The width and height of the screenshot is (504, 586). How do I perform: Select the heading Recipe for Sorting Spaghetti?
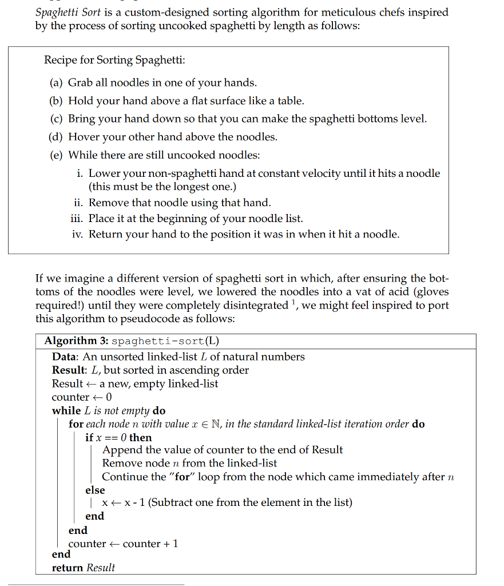point(114,60)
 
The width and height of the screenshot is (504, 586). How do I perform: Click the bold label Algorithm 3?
point(76,341)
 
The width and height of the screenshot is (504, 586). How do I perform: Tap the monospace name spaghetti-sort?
point(158,342)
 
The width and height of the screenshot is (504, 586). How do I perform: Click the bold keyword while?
point(66,410)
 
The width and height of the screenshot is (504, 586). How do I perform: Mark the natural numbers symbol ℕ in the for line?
point(214,424)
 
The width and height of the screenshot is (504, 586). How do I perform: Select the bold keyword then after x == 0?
point(141,438)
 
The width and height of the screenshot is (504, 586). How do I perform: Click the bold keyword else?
point(95,490)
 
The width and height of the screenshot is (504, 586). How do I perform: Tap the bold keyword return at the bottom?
point(67,568)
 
